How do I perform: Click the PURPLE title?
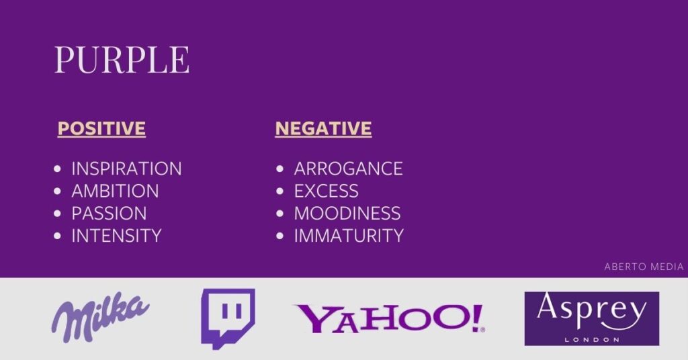pyautogui.click(x=122, y=60)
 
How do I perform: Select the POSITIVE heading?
pyautogui.click(x=101, y=128)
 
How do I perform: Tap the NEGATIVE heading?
pyautogui.click(x=323, y=128)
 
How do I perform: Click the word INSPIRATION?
pyautogui.click(x=126, y=169)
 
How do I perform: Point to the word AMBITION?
pyautogui.click(x=115, y=191)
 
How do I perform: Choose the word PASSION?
pyautogui.click(x=109, y=214)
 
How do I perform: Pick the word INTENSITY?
pyautogui.click(x=116, y=236)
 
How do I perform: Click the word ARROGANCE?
pyautogui.click(x=348, y=169)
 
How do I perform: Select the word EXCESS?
pyautogui.click(x=326, y=191)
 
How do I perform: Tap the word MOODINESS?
pyautogui.click(x=347, y=214)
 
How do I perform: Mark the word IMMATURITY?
pyautogui.click(x=349, y=236)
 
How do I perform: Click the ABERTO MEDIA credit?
pyautogui.click(x=643, y=267)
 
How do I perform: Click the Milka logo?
pyautogui.click(x=101, y=316)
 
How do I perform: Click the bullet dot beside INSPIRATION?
pyautogui.click(x=57, y=169)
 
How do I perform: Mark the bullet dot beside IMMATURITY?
pyautogui.click(x=279, y=236)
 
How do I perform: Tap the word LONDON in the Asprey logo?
pyautogui.click(x=591, y=339)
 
